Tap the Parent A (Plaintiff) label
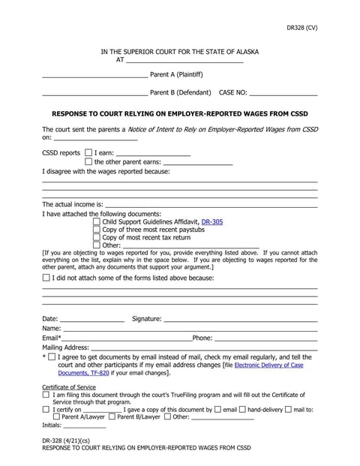[x=176, y=74]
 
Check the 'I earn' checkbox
[x=89, y=152]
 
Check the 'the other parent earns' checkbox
[x=89, y=161]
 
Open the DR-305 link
[x=211, y=222]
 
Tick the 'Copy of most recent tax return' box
[x=96, y=237]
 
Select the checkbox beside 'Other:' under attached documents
[x=96, y=245]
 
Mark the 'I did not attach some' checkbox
[x=46, y=278]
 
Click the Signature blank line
[x=240, y=320]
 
